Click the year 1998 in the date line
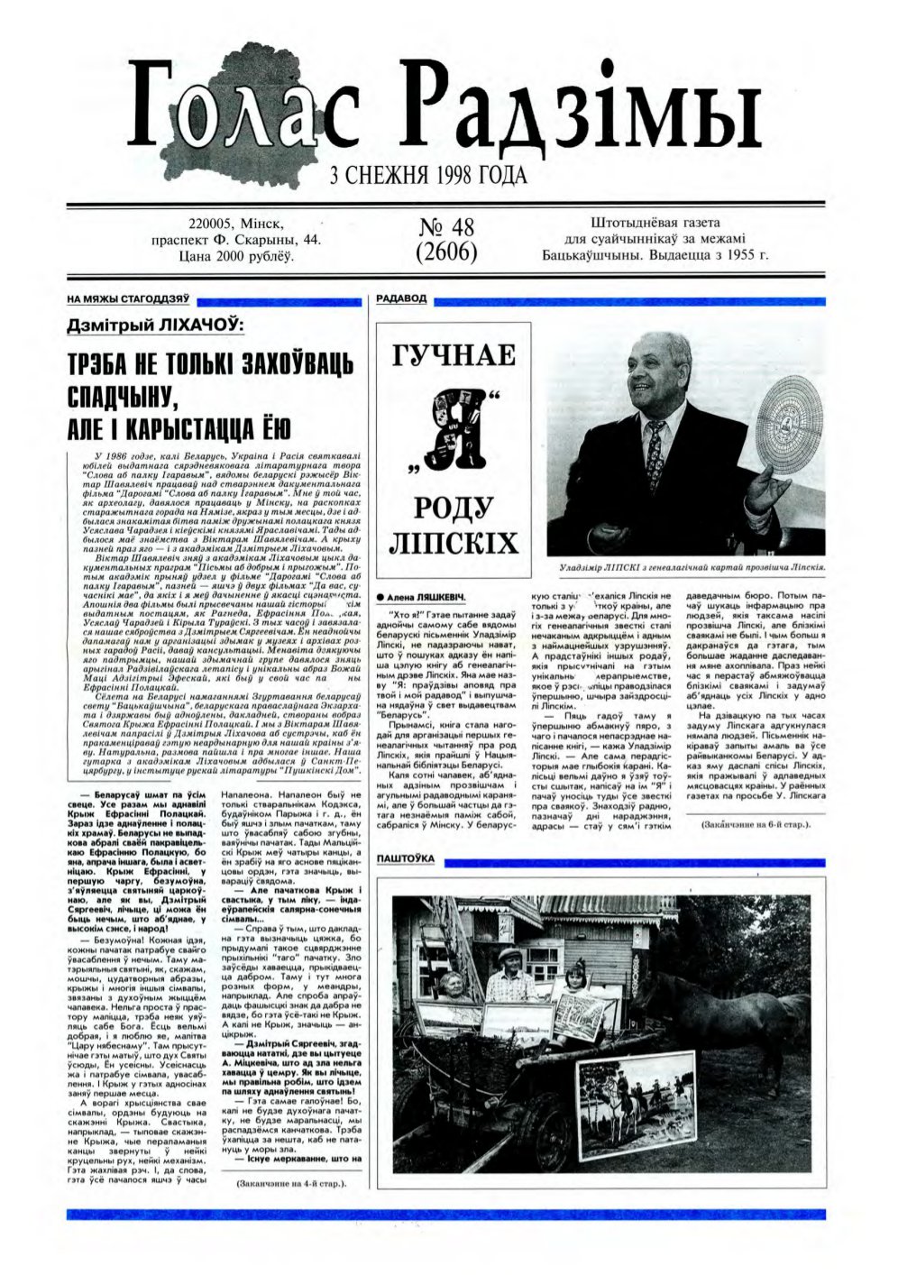coord(436,175)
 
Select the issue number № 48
coord(446,226)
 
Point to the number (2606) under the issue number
coord(446,252)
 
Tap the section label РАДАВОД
coord(401,298)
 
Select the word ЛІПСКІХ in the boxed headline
coord(454,543)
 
